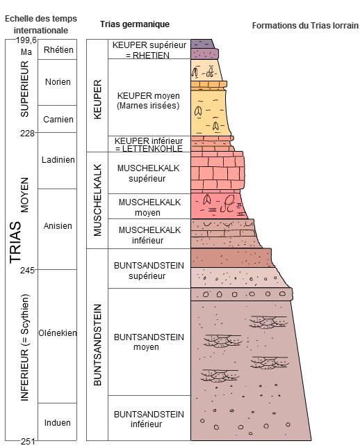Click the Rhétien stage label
58,49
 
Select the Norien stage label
58,82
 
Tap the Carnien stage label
58,119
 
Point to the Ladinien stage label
58,160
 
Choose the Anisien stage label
58,226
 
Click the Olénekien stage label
58,333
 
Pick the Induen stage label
58,422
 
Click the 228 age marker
27,133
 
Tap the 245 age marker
27,270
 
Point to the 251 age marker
27,442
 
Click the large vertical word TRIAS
15,242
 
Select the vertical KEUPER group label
97,99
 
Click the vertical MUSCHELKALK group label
97,200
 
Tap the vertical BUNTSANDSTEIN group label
97,344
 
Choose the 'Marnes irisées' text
148,106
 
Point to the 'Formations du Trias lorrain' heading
305,26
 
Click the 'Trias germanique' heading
135,24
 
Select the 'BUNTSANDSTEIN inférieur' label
149,419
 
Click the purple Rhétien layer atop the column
204,49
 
